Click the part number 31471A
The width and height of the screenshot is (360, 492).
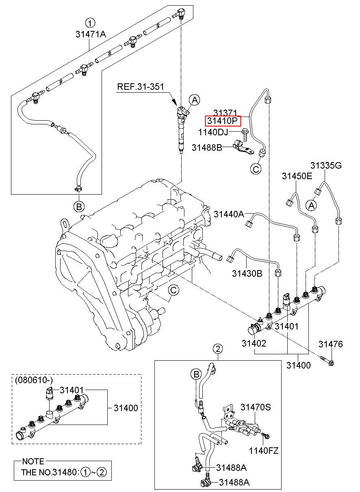pyautogui.click(x=90, y=35)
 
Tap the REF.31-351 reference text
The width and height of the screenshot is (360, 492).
pyautogui.click(x=140, y=87)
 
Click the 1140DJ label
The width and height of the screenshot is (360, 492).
pyautogui.click(x=213, y=132)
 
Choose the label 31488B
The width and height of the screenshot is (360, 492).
pyautogui.click(x=207, y=147)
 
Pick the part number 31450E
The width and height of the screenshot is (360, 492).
pyautogui.click(x=297, y=176)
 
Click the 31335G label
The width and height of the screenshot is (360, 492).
pyautogui.click(x=326, y=165)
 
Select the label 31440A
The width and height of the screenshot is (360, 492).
pyautogui.click(x=229, y=214)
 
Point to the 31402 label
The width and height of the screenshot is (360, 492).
pyautogui.click(x=254, y=343)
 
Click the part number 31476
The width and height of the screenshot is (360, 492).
pyautogui.click(x=330, y=345)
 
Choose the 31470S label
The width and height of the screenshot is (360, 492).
pyautogui.click(x=255, y=407)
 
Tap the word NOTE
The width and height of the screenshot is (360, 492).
pyautogui.click(x=33, y=462)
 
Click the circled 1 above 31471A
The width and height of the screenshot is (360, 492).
pyautogui.click(x=90, y=22)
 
